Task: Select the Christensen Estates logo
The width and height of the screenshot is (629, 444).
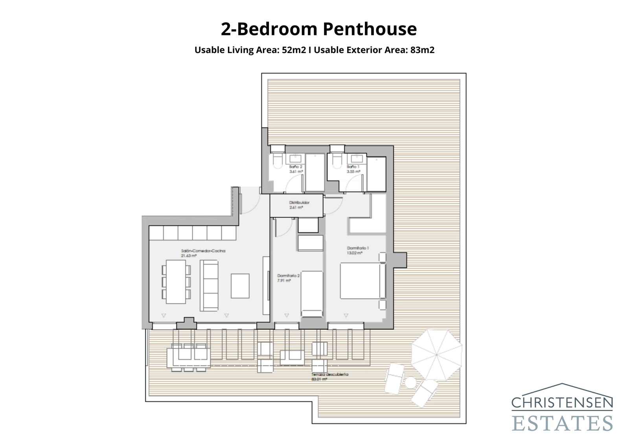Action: click(x=562, y=408)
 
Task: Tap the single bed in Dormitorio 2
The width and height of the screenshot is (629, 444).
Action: click(x=311, y=294)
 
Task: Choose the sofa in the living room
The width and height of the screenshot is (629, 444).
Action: click(x=209, y=285)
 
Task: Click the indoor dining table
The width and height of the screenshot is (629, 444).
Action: click(x=176, y=281)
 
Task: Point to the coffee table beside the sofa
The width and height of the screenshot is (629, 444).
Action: click(x=240, y=286)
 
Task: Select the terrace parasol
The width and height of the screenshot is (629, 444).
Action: click(x=436, y=354)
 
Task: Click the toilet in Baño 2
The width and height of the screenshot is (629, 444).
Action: click(x=277, y=161)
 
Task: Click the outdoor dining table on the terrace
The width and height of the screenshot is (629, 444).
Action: click(x=188, y=358)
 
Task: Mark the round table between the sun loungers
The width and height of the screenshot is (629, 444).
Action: click(x=410, y=382)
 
